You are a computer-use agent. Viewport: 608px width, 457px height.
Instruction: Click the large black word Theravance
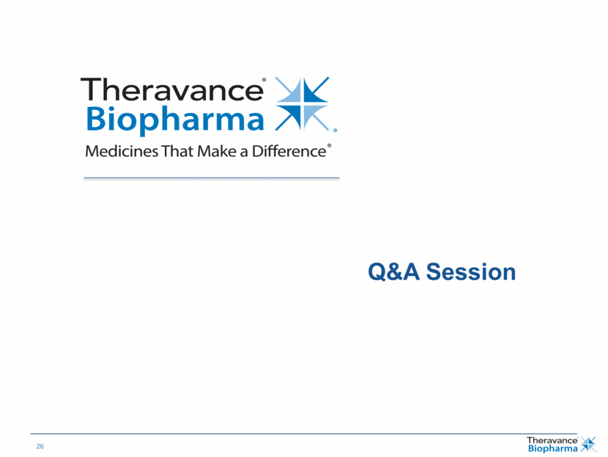click(x=171, y=89)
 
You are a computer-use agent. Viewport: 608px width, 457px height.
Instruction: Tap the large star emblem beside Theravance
click(x=302, y=103)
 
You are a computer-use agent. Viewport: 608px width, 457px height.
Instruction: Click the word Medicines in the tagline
click(x=122, y=151)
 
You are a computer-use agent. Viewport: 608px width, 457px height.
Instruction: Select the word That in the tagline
click(x=177, y=151)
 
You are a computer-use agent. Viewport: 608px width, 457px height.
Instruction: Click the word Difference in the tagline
click(x=289, y=151)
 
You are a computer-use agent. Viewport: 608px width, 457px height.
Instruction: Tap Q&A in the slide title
click(x=393, y=271)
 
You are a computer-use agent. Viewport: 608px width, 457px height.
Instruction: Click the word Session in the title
click(x=471, y=271)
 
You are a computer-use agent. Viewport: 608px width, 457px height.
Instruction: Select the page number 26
click(x=40, y=447)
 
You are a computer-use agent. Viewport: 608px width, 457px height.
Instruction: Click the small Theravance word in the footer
click(x=552, y=440)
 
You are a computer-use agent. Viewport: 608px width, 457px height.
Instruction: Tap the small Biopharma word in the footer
click(x=553, y=449)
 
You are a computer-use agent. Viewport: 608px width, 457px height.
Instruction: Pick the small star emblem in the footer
click(x=588, y=445)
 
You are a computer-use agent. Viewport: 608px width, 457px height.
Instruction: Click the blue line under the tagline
click(x=212, y=178)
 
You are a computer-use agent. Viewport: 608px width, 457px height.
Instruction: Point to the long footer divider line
click(x=303, y=434)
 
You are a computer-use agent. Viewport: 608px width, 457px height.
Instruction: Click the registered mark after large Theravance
click(x=264, y=80)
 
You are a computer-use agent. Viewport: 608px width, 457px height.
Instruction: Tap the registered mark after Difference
click(x=329, y=146)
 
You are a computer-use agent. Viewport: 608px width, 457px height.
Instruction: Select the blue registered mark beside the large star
click(x=335, y=131)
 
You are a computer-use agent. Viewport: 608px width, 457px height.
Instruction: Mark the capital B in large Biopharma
click(x=95, y=118)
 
